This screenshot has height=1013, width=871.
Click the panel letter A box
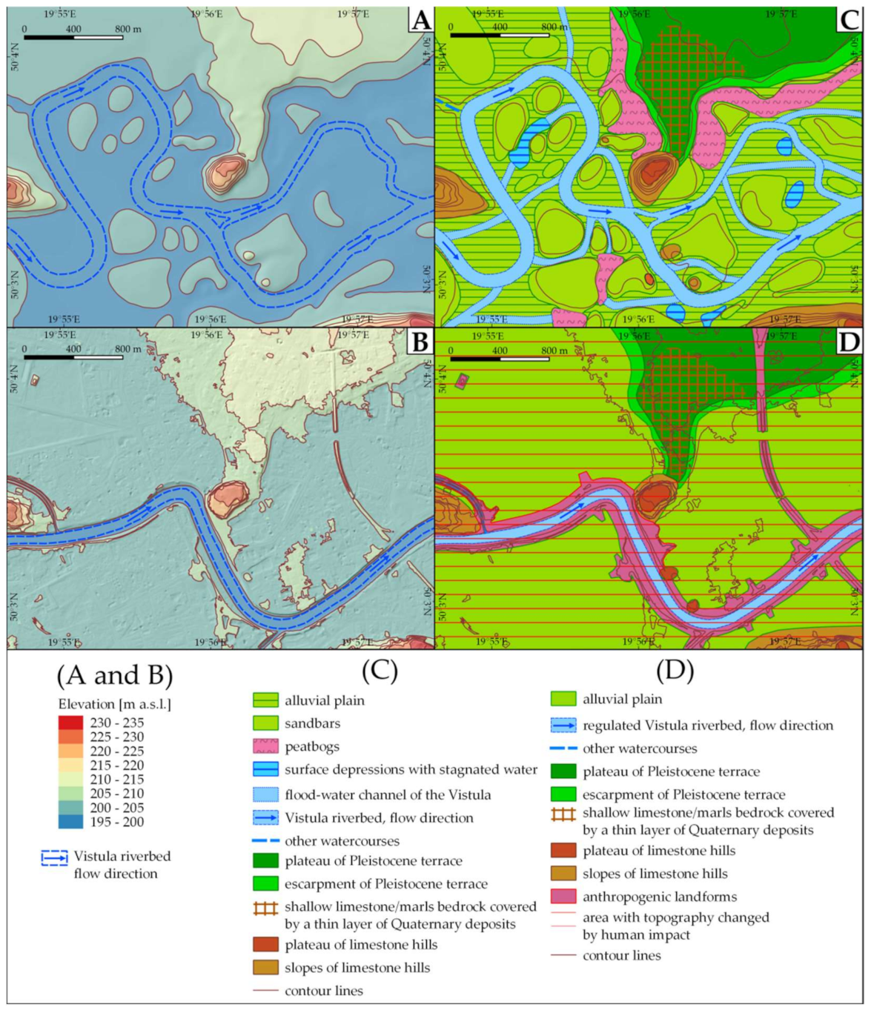420,20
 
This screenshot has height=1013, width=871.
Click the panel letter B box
420,342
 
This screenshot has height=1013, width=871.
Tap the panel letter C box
849,20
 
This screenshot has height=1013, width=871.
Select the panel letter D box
849,342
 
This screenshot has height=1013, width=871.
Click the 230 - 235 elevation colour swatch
70,723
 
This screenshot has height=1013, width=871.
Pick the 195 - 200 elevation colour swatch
70,822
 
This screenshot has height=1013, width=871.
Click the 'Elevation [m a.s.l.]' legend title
115,704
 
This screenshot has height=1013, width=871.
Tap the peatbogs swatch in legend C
265,747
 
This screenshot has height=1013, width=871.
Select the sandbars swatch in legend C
265,723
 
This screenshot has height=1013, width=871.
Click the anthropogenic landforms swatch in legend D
563,897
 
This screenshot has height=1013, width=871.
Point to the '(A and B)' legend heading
115,675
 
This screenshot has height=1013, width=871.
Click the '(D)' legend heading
675,671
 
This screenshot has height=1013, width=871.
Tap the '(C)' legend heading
380,671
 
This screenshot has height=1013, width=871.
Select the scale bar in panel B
73,357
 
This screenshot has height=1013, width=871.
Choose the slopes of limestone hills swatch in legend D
563,874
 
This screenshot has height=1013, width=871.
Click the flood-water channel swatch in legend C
265,795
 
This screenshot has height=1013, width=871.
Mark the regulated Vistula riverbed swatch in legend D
563,725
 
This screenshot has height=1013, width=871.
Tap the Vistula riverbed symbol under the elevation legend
54,858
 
